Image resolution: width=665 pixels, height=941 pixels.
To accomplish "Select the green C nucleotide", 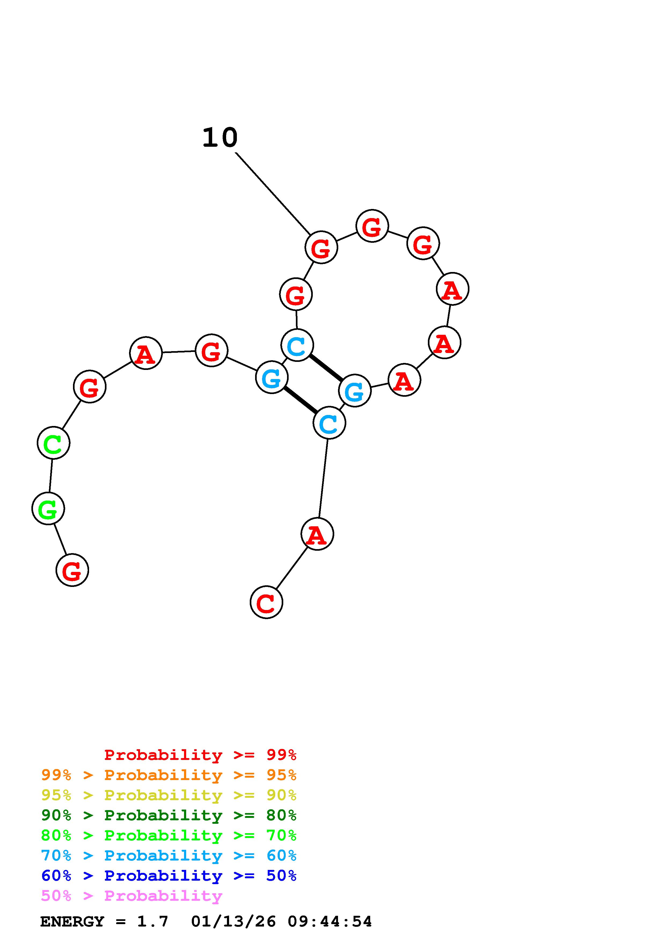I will (53, 443).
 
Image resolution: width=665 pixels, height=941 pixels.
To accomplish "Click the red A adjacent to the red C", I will (317, 534).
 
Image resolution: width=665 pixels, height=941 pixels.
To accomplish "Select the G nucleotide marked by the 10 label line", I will (321, 248).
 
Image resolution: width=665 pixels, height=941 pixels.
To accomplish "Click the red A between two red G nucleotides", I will (145, 353).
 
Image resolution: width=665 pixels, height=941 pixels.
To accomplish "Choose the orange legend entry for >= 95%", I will (169, 775).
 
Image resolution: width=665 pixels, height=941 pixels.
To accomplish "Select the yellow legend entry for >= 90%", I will (169, 795).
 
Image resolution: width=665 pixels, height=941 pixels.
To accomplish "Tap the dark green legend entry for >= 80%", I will (169, 815).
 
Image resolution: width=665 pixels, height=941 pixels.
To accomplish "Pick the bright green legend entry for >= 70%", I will (169, 835).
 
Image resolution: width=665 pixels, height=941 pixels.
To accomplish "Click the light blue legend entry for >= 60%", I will (169, 855).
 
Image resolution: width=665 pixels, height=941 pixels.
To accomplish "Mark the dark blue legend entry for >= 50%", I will (169, 876).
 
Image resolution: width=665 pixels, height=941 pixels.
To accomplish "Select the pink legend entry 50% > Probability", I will (131, 895).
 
